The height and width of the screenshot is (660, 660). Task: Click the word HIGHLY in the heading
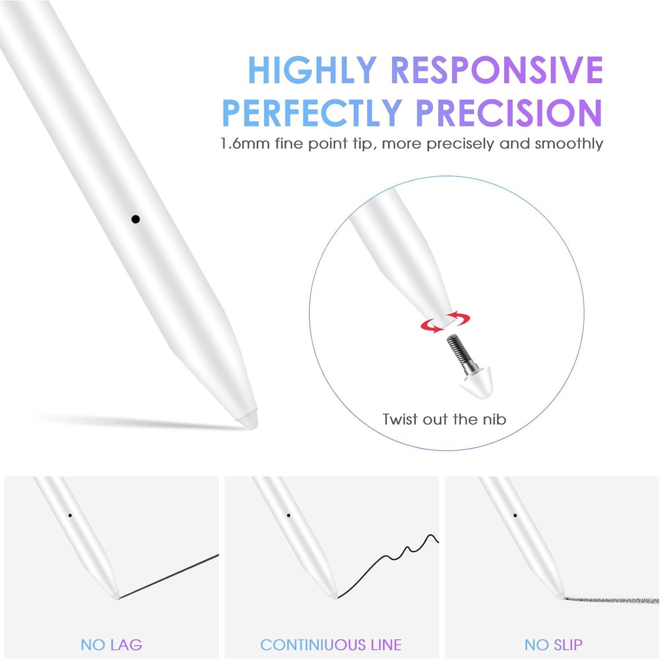[312, 70]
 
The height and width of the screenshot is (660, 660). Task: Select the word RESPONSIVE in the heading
[497, 70]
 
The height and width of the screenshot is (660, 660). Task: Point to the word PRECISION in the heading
[509, 113]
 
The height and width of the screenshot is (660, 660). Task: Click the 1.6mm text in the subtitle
[245, 144]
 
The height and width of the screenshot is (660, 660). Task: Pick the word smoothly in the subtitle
[568, 144]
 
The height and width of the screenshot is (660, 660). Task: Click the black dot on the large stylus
[136, 219]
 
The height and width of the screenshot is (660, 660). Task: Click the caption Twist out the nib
[444, 419]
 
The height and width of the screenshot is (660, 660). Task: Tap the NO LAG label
[112, 645]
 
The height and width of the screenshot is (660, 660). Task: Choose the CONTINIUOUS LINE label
[331, 645]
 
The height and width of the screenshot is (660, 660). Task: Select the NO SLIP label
[554, 645]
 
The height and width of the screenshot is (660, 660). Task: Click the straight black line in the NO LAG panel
[169, 576]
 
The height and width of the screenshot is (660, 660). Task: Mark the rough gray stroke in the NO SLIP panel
[612, 600]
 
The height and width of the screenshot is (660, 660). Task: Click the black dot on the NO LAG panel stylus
[70, 515]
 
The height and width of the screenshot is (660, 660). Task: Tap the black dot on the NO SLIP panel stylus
[515, 515]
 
